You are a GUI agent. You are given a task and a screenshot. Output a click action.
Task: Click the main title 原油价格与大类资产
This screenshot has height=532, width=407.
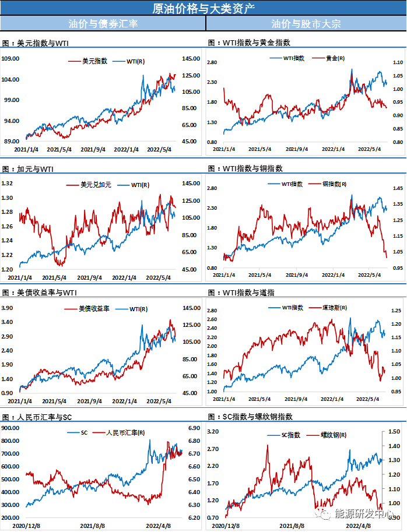tap(203, 8)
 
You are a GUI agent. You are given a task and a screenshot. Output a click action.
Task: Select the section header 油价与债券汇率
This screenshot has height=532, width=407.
tap(103, 24)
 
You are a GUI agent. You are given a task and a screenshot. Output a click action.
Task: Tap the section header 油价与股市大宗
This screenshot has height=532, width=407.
tap(306, 24)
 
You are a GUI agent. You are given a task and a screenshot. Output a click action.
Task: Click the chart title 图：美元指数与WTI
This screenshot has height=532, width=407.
tap(36, 43)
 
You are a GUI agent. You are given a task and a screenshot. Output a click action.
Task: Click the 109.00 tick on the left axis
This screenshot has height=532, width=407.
tap(11, 59)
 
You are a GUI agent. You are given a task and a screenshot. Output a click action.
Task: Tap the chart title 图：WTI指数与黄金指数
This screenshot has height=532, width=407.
tap(249, 43)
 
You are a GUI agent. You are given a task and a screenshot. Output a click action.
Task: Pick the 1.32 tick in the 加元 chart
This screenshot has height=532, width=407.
tap(8, 183)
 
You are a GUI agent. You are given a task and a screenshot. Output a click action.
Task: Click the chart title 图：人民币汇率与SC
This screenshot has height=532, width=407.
tap(37, 417)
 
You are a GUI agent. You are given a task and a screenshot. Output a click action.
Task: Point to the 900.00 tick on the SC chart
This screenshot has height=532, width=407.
tap(11, 428)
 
